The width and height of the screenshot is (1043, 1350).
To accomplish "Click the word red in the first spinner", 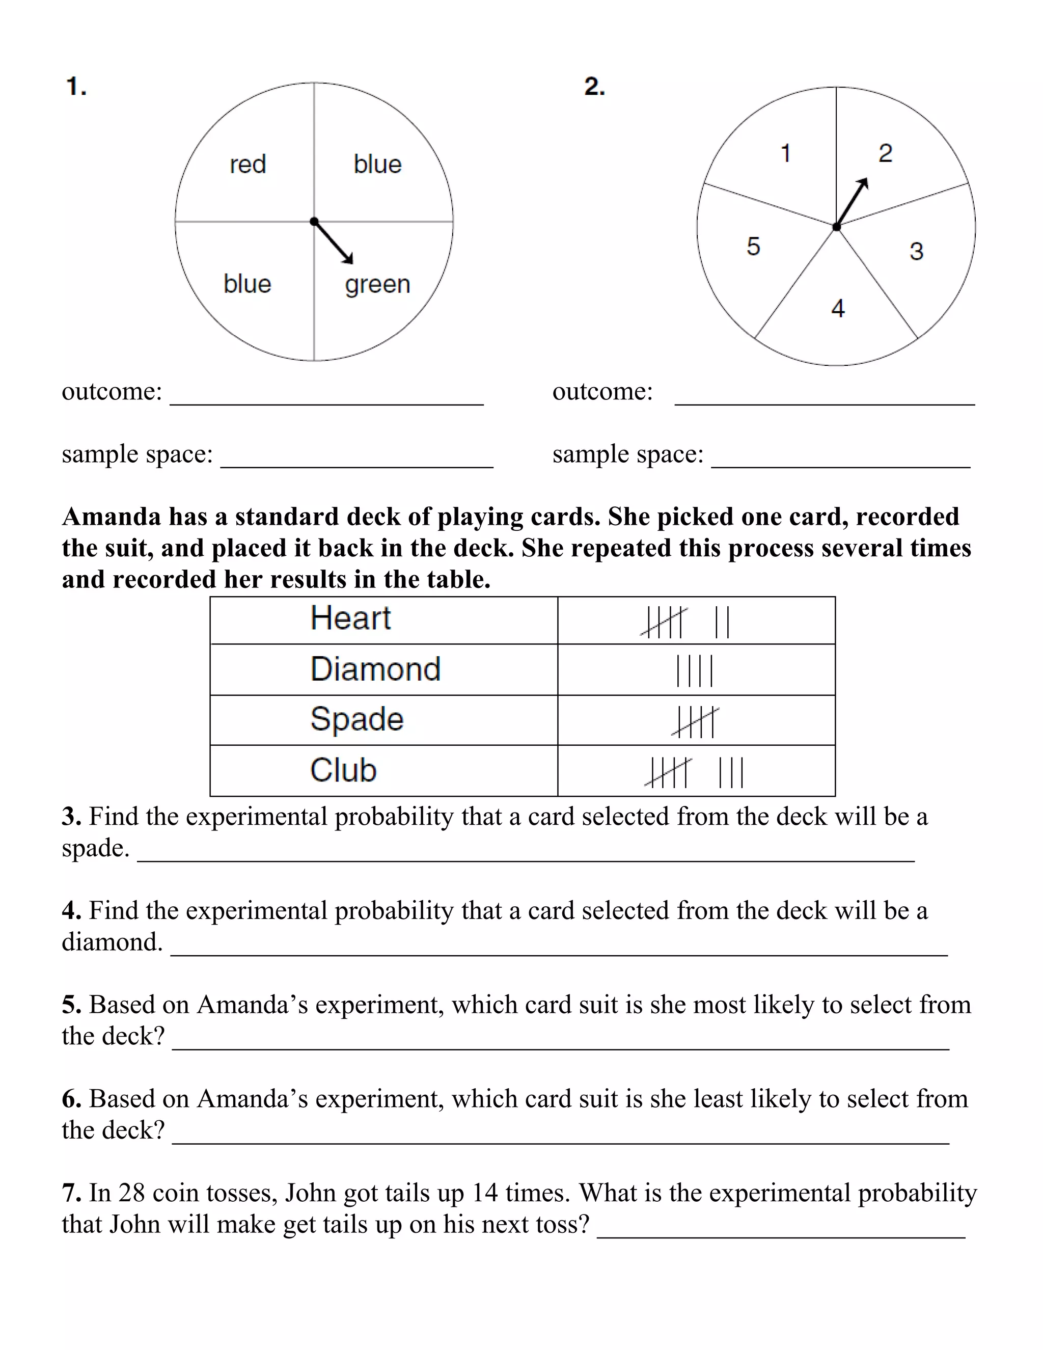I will point(248,165).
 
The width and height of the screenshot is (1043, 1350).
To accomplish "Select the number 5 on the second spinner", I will point(753,247).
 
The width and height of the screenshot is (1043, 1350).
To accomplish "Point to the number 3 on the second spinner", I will point(916,252).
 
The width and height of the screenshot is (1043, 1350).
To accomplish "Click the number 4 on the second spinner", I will point(838,308).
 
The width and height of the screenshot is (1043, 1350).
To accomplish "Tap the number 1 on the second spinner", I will point(785,153).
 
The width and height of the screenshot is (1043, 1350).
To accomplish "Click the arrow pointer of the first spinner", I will point(334,242).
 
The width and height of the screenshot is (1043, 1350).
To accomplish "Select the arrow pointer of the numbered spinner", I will point(852,202).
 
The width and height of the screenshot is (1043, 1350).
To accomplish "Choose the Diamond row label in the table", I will point(375,669).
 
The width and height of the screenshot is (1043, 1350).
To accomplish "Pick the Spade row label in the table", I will point(356,719).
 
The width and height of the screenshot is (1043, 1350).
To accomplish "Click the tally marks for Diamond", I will point(695,671).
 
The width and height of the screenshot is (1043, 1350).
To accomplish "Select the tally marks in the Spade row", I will point(696,722).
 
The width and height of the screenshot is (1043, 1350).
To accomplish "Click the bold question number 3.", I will point(71,817).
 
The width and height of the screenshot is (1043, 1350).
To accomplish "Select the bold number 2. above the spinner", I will point(594,87).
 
